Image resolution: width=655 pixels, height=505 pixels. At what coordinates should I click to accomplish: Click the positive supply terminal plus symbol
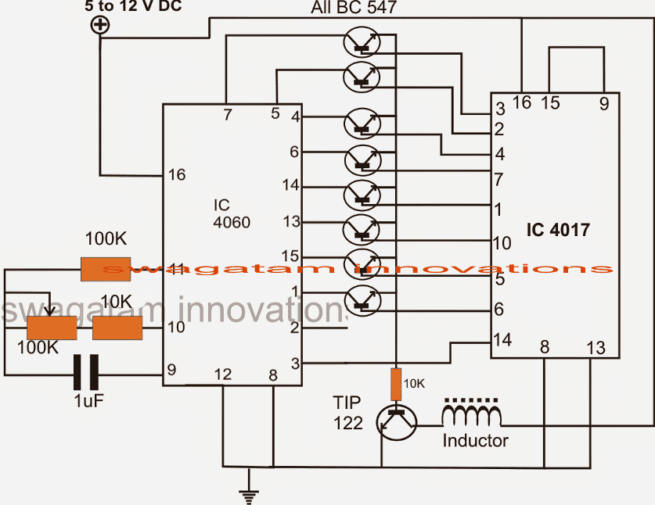[101, 25]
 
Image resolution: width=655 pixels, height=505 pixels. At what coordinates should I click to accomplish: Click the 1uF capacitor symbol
[87, 373]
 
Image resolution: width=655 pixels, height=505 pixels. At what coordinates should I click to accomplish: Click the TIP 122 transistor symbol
[397, 422]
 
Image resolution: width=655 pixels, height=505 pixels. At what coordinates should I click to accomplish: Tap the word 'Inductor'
[475, 440]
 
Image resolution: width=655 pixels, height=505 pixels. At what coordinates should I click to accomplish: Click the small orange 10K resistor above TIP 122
[396, 383]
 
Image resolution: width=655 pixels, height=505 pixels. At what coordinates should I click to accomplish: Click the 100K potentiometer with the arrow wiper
[52, 328]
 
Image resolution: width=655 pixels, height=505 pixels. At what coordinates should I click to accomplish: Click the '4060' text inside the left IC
[231, 222]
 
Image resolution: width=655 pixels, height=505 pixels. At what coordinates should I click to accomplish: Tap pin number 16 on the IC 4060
[177, 174]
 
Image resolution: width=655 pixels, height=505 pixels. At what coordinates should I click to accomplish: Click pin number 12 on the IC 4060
[223, 375]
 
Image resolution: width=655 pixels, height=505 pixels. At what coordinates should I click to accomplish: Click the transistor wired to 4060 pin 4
[362, 124]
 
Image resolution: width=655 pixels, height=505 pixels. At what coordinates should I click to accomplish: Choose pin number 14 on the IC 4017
[503, 340]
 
